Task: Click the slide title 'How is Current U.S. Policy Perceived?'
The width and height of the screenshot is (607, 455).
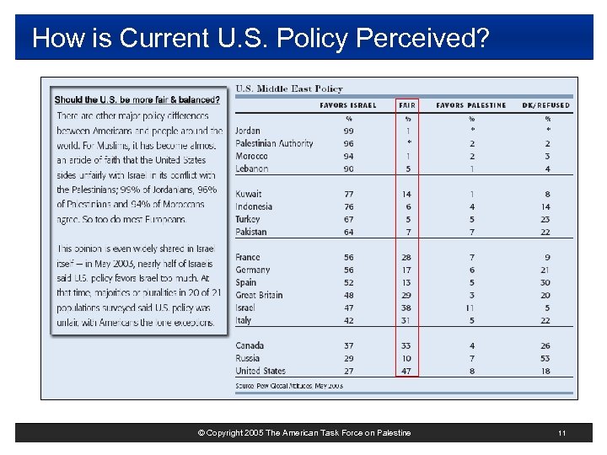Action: tap(260, 38)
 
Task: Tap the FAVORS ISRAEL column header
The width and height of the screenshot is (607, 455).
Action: tap(348, 105)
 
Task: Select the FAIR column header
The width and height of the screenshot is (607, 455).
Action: tap(408, 105)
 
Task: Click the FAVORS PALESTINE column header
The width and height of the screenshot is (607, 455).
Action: tap(471, 105)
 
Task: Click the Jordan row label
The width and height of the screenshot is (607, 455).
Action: tap(248, 131)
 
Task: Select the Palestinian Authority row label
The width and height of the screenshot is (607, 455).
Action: tap(274, 144)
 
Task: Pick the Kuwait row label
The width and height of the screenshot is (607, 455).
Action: tap(249, 195)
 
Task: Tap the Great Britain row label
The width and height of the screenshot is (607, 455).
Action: tap(259, 296)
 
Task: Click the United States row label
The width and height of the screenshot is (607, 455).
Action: tap(261, 372)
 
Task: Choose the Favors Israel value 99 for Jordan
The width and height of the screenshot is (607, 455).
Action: tap(348, 131)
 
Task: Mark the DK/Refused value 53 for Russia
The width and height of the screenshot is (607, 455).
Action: tap(546, 359)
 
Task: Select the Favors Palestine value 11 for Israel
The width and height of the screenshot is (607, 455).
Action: tap(471, 308)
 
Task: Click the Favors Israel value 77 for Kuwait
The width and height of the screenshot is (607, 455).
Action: tap(348, 195)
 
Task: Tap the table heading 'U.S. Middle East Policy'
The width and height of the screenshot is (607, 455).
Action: tap(288, 88)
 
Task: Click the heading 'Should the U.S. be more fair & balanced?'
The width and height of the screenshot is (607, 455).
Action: tap(137, 99)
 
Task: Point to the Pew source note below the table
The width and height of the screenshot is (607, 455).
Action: tap(289, 386)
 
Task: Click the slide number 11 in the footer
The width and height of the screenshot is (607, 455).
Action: tap(561, 433)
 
